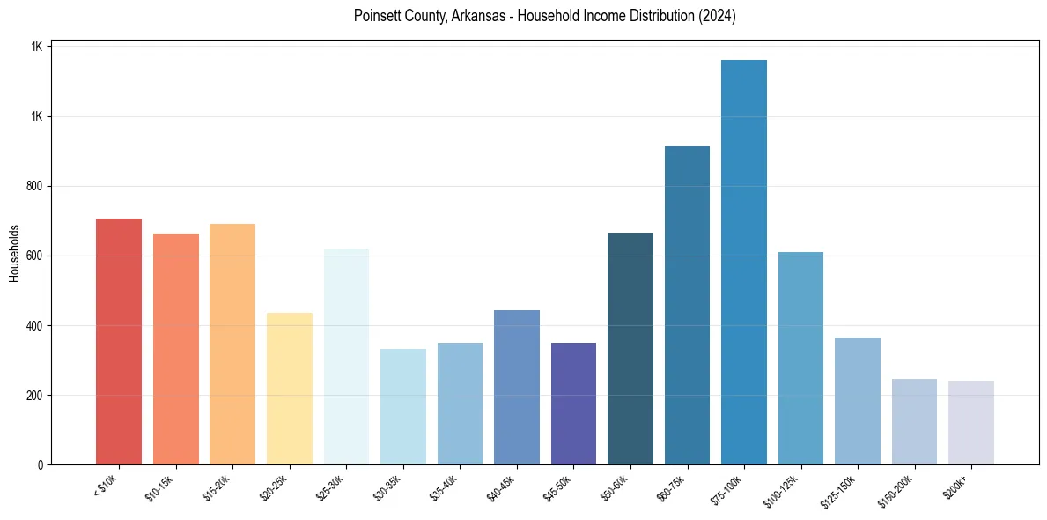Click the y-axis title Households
pyautogui.click(x=14, y=252)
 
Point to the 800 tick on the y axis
pyautogui.click(x=35, y=187)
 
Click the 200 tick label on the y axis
pyautogui.click(x=35, y=396)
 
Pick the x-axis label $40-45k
pyautogui.click(x=502, y=487)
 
